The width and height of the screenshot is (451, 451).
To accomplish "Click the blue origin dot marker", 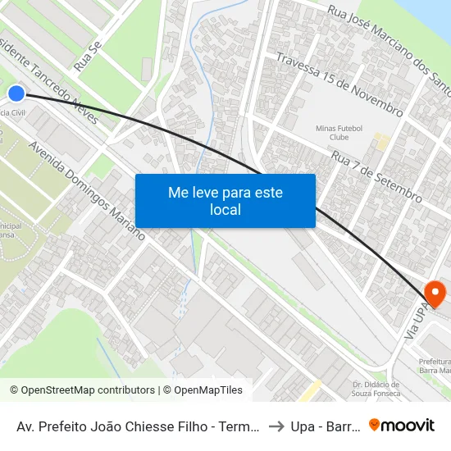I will tap(16, 93).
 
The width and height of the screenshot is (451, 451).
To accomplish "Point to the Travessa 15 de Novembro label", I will tap(339, 85).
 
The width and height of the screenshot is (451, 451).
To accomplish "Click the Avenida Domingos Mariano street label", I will tap(87, 189).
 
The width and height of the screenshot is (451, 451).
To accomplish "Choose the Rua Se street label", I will tap(86, 55).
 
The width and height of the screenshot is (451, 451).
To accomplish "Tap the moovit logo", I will tap(402, 426).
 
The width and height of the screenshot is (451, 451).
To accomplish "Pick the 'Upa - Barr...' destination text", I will tap(325, 426).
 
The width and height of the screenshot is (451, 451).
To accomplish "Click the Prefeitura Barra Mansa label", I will tap(434, 366).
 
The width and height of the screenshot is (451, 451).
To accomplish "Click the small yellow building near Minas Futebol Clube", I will tap(379, 141).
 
